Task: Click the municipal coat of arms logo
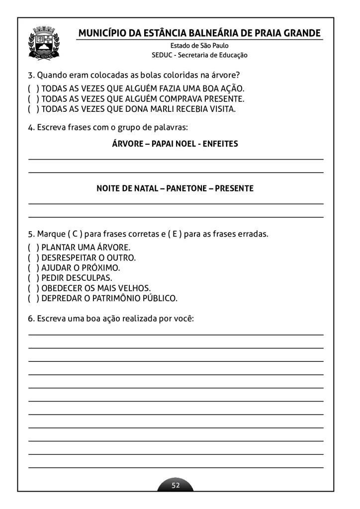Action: click(44, 43)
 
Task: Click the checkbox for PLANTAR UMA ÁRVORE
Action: click(33, 247)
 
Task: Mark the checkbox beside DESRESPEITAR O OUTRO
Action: click(33, 257)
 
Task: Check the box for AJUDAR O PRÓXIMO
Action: click(33, 268)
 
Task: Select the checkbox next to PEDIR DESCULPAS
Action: click(33, 278)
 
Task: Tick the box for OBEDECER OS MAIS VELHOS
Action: click(33, 288)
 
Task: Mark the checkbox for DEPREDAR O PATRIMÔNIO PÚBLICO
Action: click(33, 299)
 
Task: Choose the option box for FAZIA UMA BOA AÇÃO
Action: click(33, 88)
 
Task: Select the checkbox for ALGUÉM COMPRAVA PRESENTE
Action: click(33, 99)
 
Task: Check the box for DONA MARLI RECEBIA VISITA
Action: click(33, 109)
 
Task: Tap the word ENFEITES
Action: click(221, 144)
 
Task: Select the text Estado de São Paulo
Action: click(199, 46)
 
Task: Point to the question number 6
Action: click(30, 319)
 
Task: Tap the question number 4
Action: click(30, 128)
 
